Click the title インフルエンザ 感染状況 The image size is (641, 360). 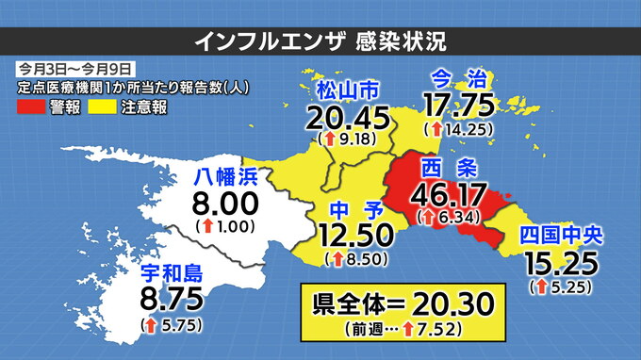click(320, 41)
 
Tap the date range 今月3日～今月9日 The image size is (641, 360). click(74, 69)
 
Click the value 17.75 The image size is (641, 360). click(460, 102)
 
